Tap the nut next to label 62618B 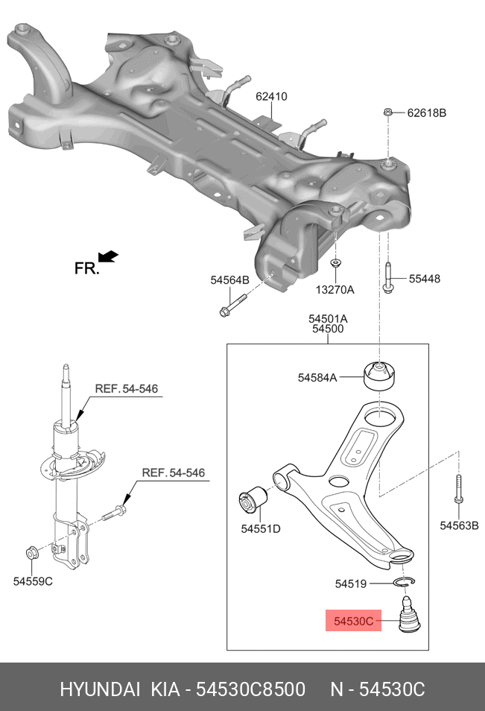(x=388, y=113)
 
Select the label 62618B (x=426, y=113)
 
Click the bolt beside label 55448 (x=388, y=279)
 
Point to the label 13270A (x=335, y=289)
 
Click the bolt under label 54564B (x=231, y=306)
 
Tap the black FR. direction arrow (x=108, y=257)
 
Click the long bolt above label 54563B (x=457, y=492)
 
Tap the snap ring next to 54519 (x=403, y=582)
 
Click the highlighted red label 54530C (x=352, y=620)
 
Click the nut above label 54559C (x=32, y=552)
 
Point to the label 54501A (x=328, y=318)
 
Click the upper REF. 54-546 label (x=126, y=388)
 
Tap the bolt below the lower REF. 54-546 (x=117, y=513)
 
